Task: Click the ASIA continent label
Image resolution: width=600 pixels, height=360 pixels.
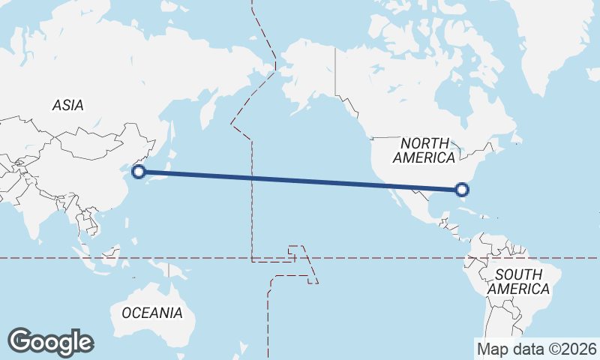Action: [68, 106]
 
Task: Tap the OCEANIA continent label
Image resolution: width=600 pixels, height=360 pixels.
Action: [152, 313]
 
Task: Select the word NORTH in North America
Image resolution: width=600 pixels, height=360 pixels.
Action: [424, 143]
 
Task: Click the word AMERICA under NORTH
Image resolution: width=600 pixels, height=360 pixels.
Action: [424, 158]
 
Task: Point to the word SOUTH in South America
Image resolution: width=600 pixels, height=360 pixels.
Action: [518, 274]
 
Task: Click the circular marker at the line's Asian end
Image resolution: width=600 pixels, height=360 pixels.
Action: [138, 172]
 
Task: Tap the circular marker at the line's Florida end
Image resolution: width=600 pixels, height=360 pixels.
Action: [462, 190]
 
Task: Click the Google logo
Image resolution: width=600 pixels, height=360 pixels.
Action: [50, 341]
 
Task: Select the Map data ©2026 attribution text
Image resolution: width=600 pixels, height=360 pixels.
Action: [536, 349]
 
